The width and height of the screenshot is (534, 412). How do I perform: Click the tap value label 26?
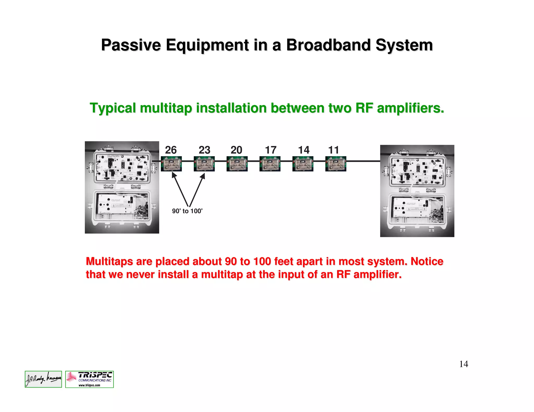coord(171,150)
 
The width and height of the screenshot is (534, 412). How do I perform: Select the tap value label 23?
coord(204,150)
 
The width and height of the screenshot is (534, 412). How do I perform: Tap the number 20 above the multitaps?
coord(236,150)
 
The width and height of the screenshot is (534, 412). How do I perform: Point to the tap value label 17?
coord(271,150)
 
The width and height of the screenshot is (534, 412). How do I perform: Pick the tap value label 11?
coord(333,150)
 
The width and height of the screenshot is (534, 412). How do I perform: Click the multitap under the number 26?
coord(171,164)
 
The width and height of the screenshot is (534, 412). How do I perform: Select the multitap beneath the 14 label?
coord(303,164)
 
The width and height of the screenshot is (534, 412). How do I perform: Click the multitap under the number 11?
coord(336,164)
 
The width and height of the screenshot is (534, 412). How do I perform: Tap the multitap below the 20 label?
coord(237,164)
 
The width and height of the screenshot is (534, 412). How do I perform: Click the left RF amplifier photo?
coord(122,187)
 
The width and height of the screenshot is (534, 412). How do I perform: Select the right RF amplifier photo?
coord(417,191)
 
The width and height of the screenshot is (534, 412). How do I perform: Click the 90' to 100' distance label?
coord(187,211)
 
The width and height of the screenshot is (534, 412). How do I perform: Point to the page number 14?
coord(464,364)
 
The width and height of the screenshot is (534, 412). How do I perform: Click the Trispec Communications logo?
coord(89,379)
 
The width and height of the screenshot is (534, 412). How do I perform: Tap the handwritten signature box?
coord(43,379)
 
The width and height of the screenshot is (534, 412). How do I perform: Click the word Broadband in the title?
coord(329,45)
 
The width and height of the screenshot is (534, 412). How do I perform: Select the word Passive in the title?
coord(131,45)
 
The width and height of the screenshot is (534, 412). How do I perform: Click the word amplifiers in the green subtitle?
coord(410,108)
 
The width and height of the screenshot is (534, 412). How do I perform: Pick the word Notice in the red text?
coord(427,261)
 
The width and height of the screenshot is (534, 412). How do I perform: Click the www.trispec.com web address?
coord(89,385)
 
